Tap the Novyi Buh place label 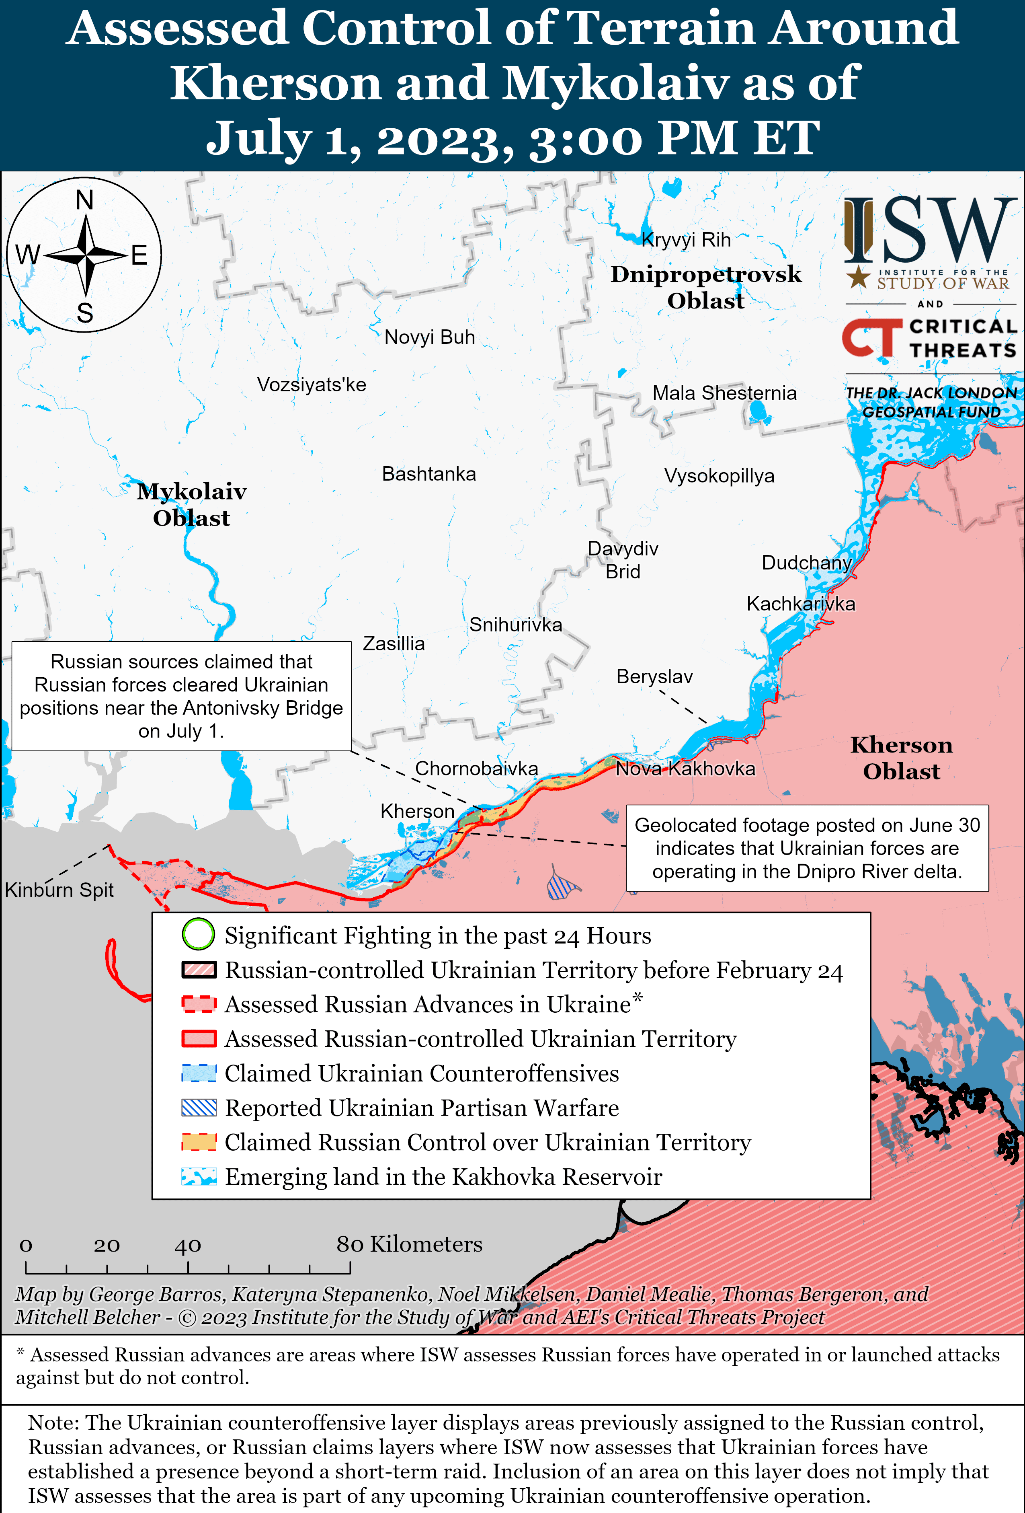(430, 337)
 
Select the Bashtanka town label (429, 474)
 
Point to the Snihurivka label (515, 625)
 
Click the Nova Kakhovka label (685, 769)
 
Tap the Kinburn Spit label (59, 890)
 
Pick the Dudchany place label (806, 563)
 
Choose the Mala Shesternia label (724, 393)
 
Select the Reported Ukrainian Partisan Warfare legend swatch (199, 1108)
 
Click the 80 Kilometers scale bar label (409, 1244)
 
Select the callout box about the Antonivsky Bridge (182, 696)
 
